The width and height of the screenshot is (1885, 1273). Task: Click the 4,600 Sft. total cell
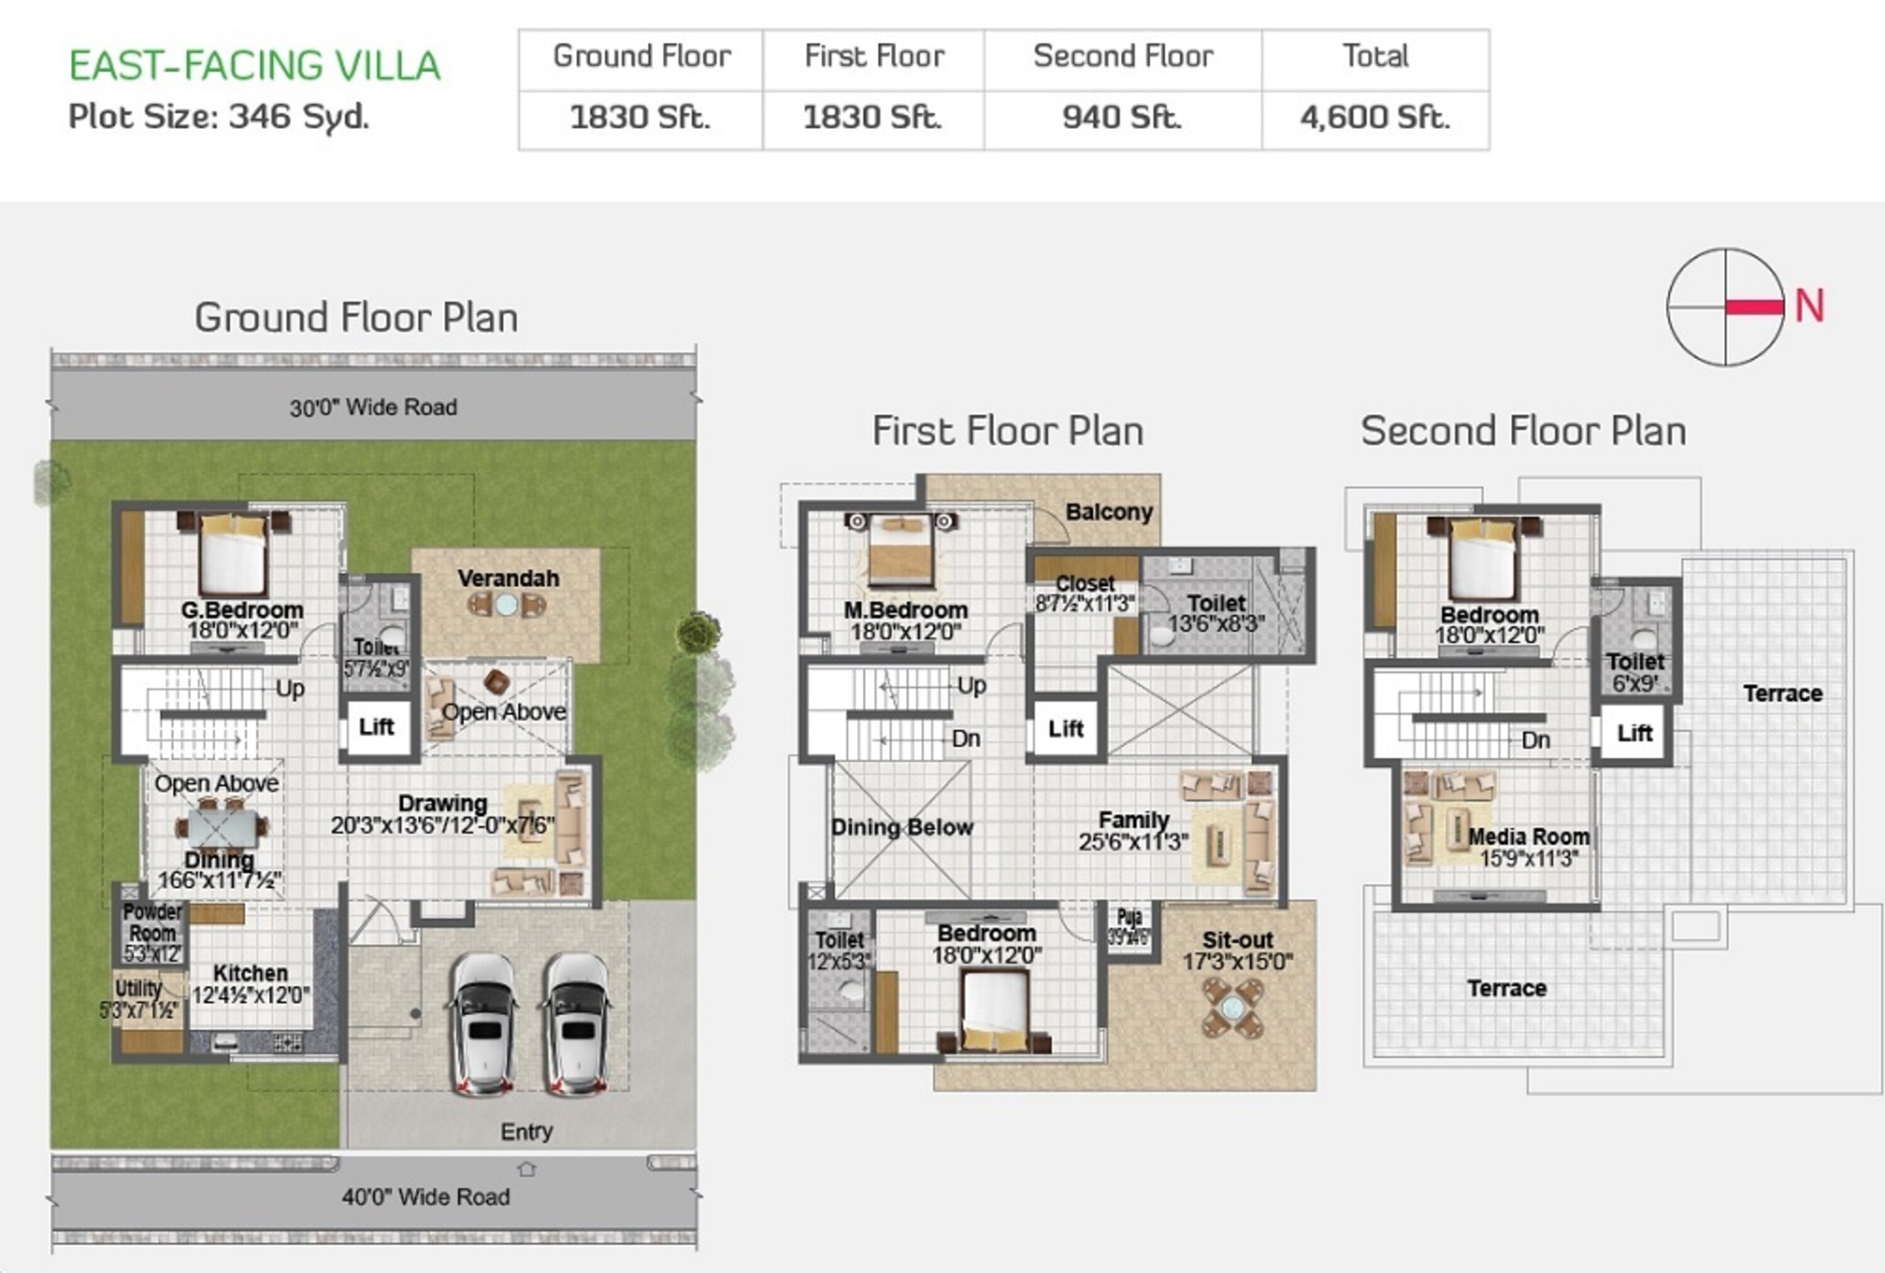pos(1375,118)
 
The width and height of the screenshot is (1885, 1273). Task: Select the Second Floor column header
pos(1123,57)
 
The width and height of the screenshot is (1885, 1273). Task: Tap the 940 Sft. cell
pos(1123,118)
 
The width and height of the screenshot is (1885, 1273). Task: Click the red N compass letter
pos(1810,307)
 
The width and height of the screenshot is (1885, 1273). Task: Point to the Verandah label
pos(508,578)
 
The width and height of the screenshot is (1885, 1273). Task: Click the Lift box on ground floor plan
pos(377,727)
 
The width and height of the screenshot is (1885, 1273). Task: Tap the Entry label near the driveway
pos(527,1131)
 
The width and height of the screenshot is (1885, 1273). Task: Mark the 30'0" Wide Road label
pos(373,407)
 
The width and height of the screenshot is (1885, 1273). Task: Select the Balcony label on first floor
pos(1109,512)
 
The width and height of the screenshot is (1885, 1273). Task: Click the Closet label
pos(1085,583)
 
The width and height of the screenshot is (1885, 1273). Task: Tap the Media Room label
pos(1528,837)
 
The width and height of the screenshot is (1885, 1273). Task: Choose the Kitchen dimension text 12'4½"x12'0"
pos(251,995)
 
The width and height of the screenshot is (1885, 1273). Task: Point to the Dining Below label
pos(901,827)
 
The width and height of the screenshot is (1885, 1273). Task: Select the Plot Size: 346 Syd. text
pos(219,117)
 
